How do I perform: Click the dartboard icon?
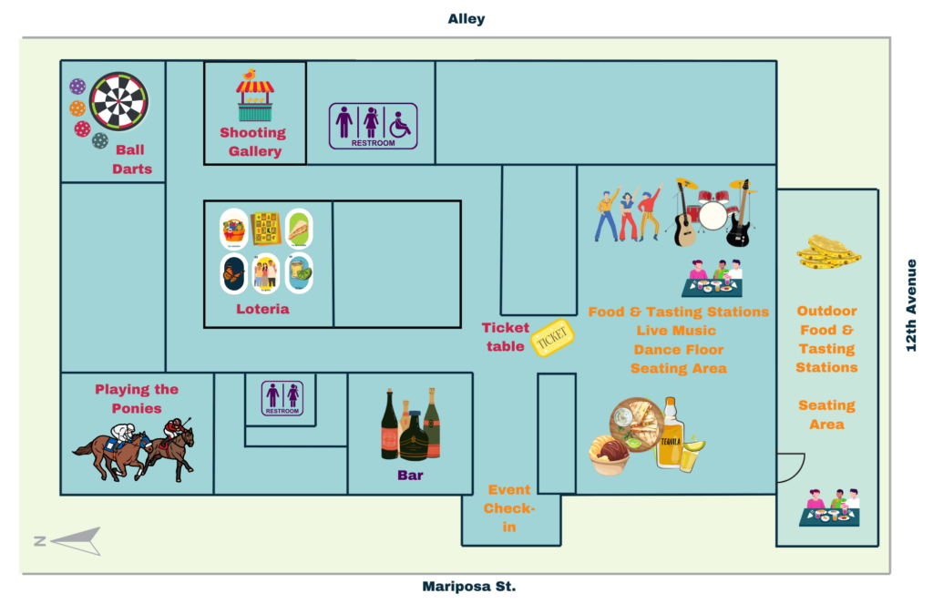coord(118,102)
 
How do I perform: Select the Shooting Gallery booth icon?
coord(255,96)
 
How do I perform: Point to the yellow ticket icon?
coord(553,338)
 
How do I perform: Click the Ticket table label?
coord(505,337)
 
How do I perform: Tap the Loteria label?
coord(262,309)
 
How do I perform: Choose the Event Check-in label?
coord(509,508)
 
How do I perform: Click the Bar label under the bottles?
coord(410,475)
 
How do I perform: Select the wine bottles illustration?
coord(411,425)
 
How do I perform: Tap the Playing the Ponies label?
coord(137,399)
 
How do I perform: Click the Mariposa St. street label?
coord(469,587)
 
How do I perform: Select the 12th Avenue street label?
coord(911,305)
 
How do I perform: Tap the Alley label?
coord(466,18)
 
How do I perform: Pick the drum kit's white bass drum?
coord(713,216)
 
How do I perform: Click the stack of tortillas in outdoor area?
coord(828,251)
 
